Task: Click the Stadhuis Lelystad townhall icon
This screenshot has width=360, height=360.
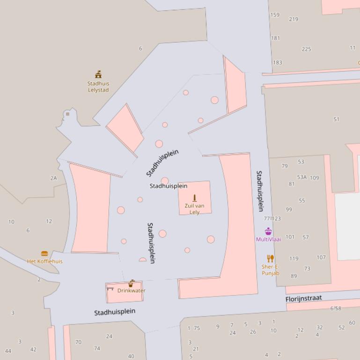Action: point(98,74)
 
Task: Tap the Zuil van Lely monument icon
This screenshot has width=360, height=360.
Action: point(195,198)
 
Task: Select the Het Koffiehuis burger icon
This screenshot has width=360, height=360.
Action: point(44,254)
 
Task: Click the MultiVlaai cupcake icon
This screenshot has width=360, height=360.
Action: point(268,231)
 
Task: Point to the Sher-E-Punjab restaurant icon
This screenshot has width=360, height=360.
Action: point(270,259)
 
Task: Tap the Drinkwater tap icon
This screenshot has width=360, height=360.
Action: point(132,283)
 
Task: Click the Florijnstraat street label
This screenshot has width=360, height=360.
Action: point(304,298)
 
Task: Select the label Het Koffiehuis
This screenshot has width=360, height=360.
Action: point(44,261)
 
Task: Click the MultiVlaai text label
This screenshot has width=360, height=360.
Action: point(268,239)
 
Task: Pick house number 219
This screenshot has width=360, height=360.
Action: point(294,19)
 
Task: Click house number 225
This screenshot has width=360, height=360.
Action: point(306,49)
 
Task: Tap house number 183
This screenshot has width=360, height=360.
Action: point(278,63)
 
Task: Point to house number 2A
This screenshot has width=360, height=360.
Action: point(53,178)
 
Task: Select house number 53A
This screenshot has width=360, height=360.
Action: point(301,177)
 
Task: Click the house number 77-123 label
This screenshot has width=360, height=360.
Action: point(272,218)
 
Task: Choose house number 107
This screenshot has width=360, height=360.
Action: point(321,257)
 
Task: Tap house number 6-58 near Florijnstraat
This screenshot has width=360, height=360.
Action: point(336,309)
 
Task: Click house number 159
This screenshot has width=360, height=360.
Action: point(275,15)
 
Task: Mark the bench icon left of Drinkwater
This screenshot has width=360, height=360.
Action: point(110,289)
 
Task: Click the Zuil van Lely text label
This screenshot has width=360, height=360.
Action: point(194,209)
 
